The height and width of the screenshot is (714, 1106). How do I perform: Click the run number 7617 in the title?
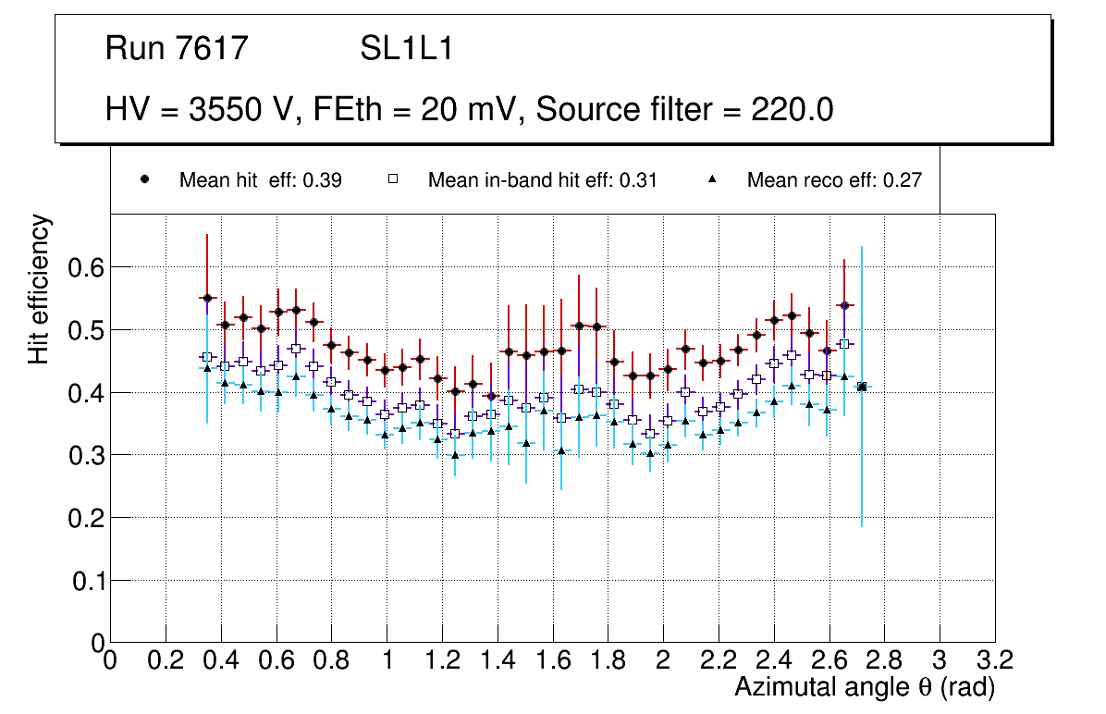tap(215, 48)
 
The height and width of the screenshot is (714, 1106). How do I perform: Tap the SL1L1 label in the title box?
tap(407, 48)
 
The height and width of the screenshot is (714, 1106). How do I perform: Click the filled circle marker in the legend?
tap(144, 179)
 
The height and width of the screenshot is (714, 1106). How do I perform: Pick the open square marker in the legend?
tap(392, 179)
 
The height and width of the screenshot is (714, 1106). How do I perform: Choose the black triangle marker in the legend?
tap(712, 179)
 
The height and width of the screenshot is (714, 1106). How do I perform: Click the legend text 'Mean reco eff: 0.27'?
tap(834, 180)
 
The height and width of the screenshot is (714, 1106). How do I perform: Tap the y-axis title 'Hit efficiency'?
tap(40, 289)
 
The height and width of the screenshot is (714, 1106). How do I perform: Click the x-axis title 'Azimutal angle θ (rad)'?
tap(865, 687)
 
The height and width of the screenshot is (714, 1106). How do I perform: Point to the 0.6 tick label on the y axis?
tap(85, 267)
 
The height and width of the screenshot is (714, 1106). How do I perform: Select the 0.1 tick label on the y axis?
tap(85, 581)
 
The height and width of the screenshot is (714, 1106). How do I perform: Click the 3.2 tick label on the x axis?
tap(995, 659)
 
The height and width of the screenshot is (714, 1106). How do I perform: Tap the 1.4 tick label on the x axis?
tap(498, 659)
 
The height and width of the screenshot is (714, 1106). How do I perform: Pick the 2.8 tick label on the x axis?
tap(884, 659)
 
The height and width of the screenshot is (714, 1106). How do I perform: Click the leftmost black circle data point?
tap(207, 298)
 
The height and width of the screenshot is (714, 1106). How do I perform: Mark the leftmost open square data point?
tap(207, 357)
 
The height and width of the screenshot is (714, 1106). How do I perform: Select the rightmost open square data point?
tap(844, 344)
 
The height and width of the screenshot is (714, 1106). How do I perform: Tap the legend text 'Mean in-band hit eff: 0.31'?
tap(542, 180)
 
